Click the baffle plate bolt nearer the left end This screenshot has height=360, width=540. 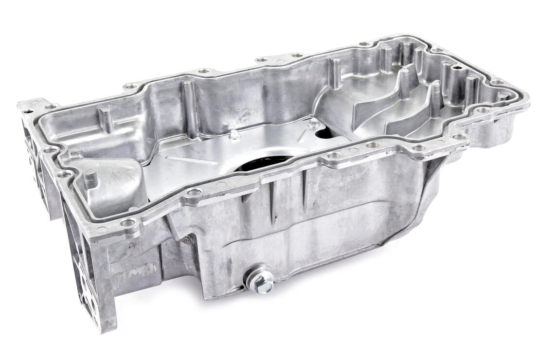pyautogui.click(x=234, y=135)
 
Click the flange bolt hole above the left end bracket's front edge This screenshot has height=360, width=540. pyautogui.click(x=127, y=223)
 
